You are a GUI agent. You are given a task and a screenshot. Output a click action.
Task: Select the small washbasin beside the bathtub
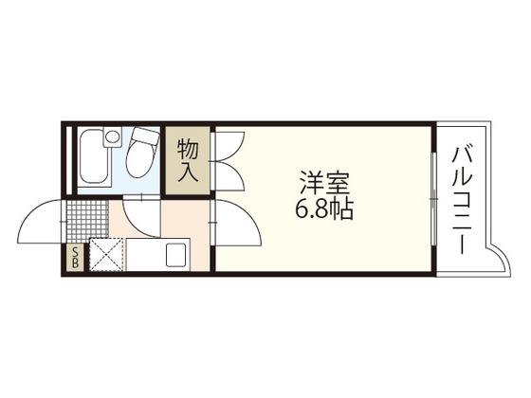click(x=113, y=138)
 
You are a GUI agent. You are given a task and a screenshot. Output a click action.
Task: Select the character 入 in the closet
click(x=188, y=172)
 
